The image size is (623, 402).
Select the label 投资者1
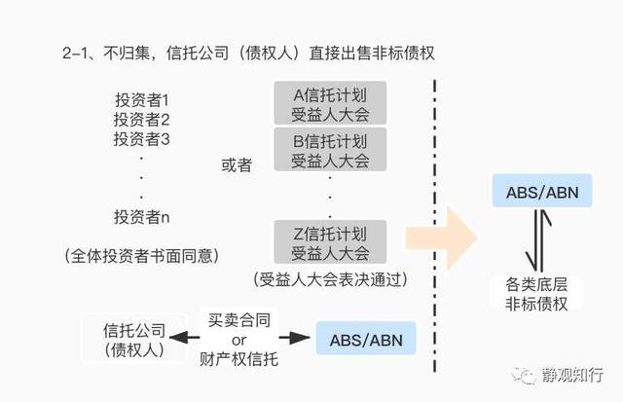tap(141, 101)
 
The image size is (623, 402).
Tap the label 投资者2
tap(141, 121)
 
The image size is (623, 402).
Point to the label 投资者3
tap(141, 139)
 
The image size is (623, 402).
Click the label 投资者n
tap(141, 216)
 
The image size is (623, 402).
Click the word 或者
tap(237, 166)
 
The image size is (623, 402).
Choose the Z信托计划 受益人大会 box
tap(331, 243)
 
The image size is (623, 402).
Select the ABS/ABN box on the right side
tap(542, 192)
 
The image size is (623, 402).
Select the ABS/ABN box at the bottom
tap(365, 340)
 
